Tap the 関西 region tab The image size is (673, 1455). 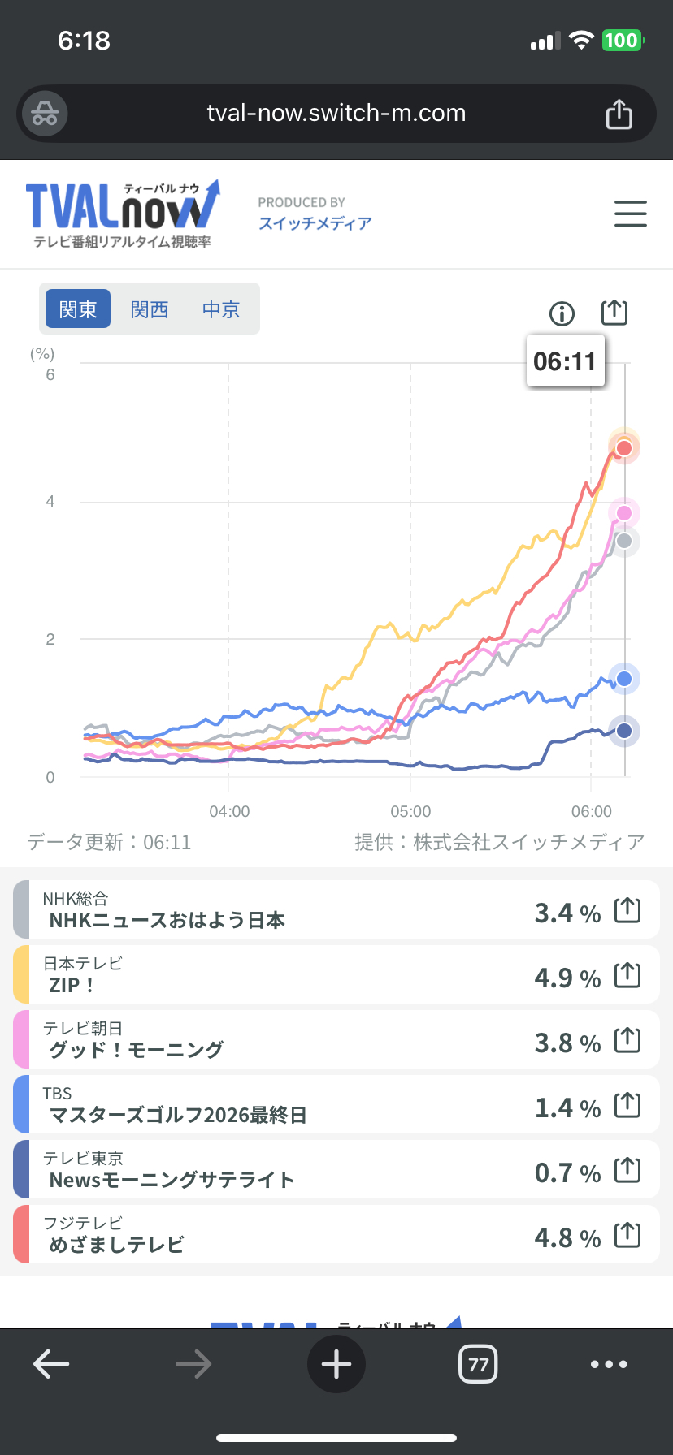150,309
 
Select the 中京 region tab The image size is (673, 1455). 221,309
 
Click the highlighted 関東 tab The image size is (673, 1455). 78,309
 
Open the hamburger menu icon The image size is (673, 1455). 630,214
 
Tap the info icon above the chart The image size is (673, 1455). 562,313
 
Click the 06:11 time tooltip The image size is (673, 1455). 565,361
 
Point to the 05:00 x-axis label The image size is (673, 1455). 410,811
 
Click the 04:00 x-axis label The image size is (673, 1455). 229,811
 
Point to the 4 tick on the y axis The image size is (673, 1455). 50,502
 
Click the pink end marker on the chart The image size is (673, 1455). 624,513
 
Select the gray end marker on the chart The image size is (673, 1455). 624,541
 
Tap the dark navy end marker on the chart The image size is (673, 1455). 624,731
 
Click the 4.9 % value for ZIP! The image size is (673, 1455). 567,978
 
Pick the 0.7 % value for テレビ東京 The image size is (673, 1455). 567,1172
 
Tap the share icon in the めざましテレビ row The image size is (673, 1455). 627,1235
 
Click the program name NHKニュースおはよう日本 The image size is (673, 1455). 167,920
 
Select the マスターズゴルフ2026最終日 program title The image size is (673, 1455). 178,1115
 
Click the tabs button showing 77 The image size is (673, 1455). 478,1364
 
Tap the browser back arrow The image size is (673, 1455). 51,1364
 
